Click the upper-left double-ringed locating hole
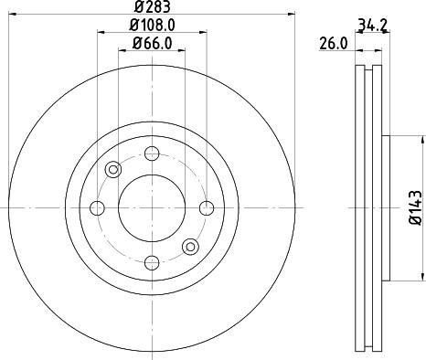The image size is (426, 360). click(x=113, y=169)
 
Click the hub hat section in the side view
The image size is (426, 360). click(x=384, y=207)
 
